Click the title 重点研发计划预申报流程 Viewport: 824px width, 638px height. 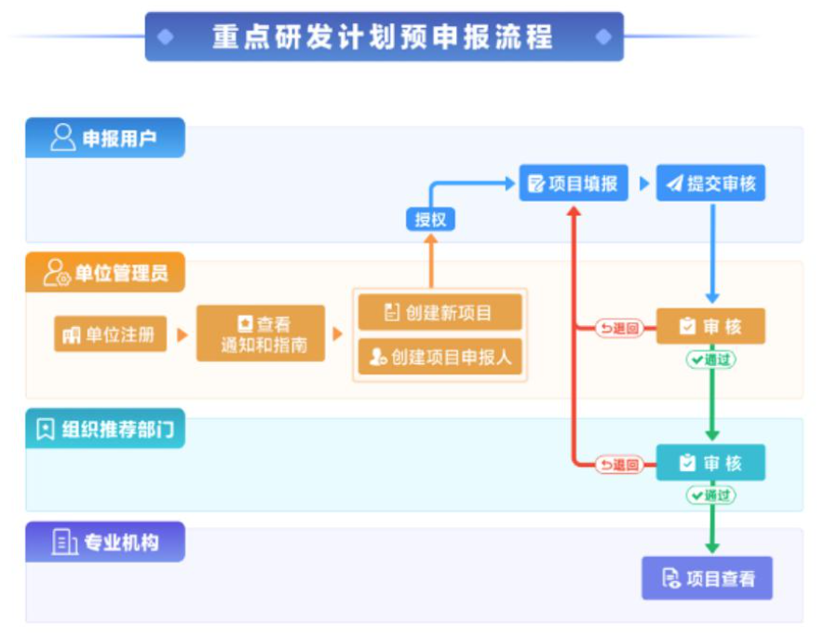383,37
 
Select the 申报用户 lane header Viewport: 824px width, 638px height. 105,139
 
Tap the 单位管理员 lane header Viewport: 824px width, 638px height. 105,273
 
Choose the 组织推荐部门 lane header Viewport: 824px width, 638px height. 105,429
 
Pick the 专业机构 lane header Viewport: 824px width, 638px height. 105,542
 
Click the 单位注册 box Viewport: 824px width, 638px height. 110,334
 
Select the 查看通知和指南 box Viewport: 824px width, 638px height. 261,334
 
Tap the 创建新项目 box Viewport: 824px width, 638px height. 439,312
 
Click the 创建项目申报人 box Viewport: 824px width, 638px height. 439,357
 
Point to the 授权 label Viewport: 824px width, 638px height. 430,220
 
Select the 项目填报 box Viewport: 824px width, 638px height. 574,183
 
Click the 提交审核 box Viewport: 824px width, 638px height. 710,183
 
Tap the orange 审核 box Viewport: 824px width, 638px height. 710,327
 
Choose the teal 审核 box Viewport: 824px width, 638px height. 710,463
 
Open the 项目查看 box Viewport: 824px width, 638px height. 708,578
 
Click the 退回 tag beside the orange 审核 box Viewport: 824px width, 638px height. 619,328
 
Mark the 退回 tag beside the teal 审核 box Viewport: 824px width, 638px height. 619,464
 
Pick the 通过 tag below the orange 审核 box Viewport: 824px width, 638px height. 710,360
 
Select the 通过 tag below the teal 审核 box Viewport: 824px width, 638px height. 710,495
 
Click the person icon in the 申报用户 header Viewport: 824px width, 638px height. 62,139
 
